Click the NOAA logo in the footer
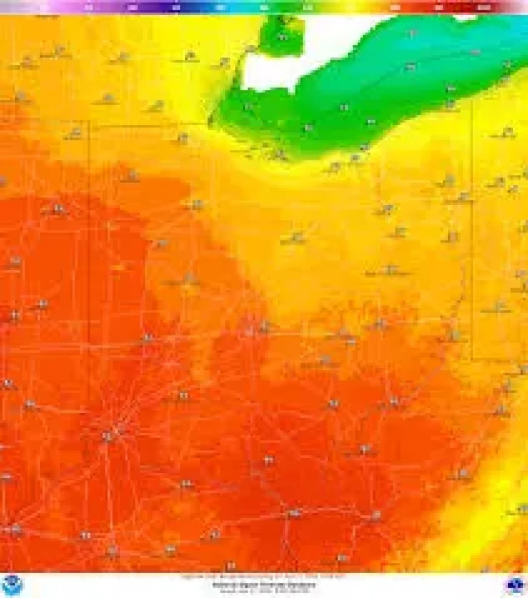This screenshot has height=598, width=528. (x=12, y=585)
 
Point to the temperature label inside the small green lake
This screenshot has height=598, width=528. (x=283, y=38)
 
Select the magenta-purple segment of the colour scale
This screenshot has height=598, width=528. (x=91, y=7)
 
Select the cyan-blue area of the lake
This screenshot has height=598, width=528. (x=510, y=36)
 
